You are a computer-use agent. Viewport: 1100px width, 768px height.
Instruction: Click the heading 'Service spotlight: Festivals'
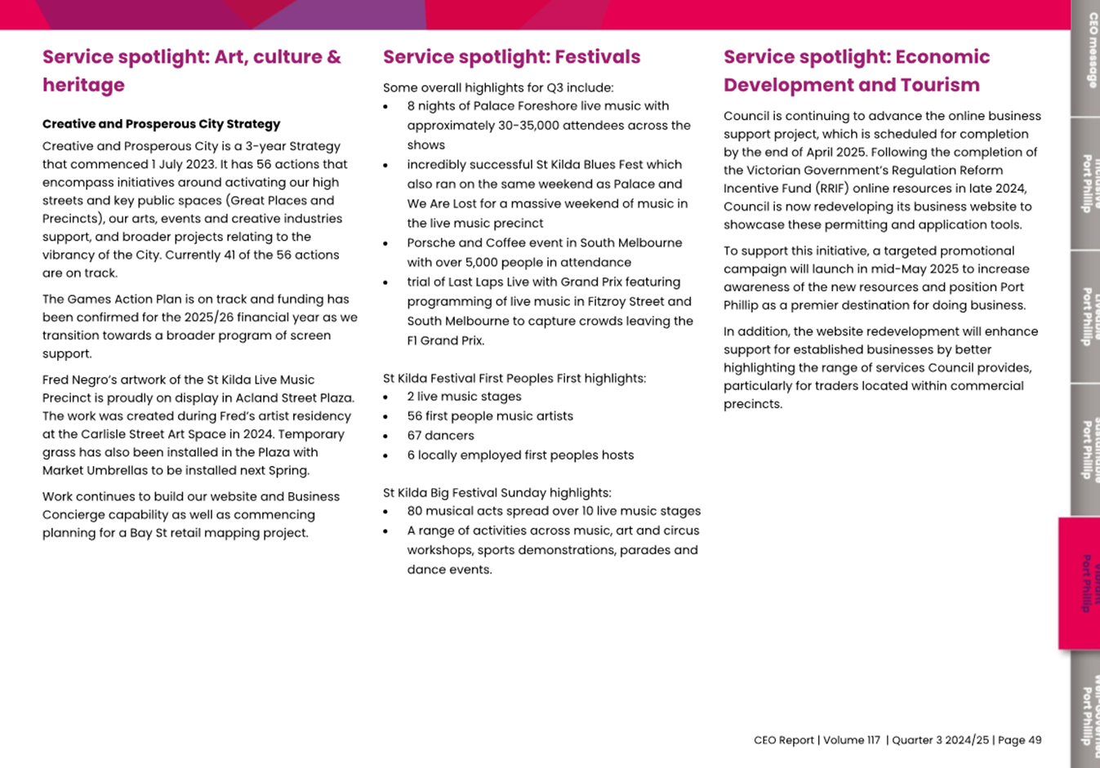click(511, 57)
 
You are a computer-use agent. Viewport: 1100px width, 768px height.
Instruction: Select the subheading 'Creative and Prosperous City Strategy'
click(161, 124)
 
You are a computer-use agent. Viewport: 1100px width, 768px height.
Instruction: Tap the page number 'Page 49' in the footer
click(1019, 740)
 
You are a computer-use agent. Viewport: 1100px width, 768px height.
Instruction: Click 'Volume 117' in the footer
click(852, 740)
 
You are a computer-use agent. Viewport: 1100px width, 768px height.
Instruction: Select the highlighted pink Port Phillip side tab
click(1084, 583)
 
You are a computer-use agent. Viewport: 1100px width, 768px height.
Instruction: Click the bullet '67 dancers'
click(440, 436)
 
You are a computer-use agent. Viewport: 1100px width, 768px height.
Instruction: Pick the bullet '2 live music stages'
click(464, 397)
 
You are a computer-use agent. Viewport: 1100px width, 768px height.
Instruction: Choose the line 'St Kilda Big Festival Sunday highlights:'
click(497, 493)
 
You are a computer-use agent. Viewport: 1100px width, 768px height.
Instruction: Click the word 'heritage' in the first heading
click(83, 86)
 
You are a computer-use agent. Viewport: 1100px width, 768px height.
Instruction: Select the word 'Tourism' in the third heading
click(939, 86)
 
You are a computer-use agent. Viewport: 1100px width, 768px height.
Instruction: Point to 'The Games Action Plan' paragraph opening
click(109, 300)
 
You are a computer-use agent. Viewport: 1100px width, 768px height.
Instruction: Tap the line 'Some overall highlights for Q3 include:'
click(497, 88)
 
